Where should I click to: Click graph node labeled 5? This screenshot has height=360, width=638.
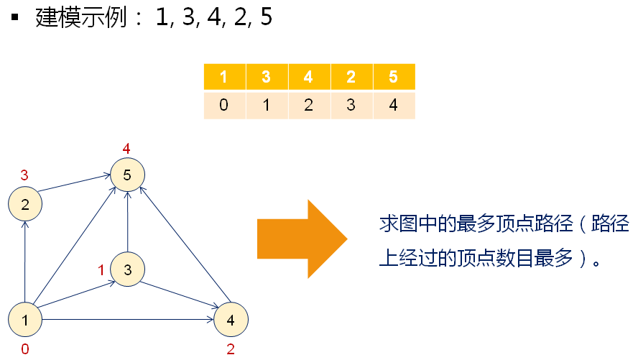pos(128,175)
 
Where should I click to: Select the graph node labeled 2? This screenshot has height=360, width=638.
pos(25,205)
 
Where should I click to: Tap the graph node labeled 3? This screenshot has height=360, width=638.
pos(128,269)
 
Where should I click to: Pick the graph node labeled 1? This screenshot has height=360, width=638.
pos(25,320)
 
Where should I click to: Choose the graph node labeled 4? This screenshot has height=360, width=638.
pos(231,320)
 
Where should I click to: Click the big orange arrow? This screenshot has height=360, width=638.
pos(302,239)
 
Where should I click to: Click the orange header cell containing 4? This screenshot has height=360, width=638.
pos(309,78)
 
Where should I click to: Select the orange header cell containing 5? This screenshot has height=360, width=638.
pos(394,78)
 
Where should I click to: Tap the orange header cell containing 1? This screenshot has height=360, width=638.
pos(224,78)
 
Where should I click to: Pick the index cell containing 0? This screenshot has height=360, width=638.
pos(224,105)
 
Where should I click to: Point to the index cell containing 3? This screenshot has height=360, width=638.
pos(351,105)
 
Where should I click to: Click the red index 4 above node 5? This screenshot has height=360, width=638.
pos(126,149)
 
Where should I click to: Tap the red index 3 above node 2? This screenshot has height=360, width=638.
pos(24,175)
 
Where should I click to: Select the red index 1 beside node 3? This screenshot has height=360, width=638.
pos(102,269)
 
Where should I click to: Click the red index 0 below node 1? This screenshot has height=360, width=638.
pos(24,350)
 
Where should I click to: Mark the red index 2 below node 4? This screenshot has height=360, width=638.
pos(230,350)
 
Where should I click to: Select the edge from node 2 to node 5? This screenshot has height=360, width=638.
pos(75,184)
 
